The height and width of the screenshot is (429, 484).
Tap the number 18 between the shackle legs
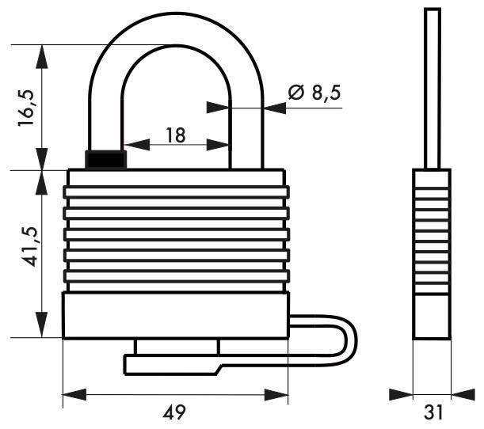click(175, 135)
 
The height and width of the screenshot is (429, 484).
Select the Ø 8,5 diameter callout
click(314, 93)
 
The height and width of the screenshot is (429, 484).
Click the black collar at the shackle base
click(106, 158)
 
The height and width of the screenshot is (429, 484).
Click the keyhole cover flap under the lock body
click(170, 363)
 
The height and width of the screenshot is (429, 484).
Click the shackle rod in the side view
click(432, 87)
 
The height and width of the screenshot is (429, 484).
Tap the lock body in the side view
click(432, 253)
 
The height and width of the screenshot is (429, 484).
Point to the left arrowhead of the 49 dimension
click(68, 393)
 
